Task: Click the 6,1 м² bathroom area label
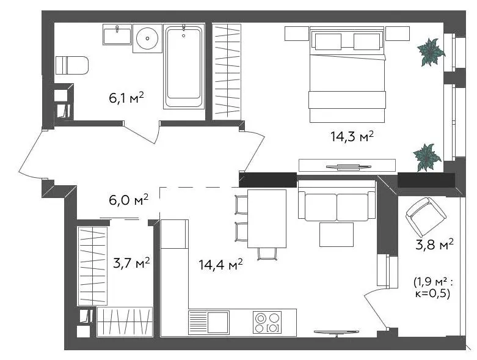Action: point(126,98)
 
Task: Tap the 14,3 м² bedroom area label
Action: point(352,136)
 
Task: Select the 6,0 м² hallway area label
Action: point(128,200)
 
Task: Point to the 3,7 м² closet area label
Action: point(131,263)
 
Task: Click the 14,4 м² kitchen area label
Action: point(220,265)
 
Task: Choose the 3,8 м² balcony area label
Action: point(434,244)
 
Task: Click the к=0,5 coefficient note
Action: point(432,294)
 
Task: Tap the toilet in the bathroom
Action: point(72,65)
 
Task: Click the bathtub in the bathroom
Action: point(183,67)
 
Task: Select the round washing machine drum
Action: point(147,39)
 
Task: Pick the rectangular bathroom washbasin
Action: point(117,35)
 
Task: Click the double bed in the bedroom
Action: point(347,75)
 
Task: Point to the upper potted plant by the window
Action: point(431,52)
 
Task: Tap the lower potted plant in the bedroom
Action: point(427,157)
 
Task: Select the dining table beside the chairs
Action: point(267,218)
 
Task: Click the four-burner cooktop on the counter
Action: point(268,322)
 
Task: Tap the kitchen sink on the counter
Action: point(209,322)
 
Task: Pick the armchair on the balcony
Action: point(426,216)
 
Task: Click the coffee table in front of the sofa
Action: point(337,235)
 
